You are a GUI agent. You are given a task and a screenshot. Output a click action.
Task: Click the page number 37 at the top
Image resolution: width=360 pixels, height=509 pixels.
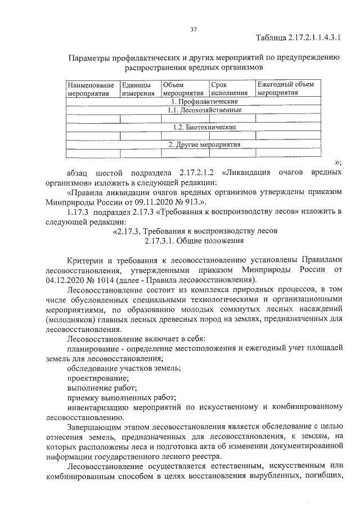tap(193, 29)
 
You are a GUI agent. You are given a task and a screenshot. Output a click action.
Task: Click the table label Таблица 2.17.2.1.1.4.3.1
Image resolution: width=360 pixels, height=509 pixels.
tap(298, 38)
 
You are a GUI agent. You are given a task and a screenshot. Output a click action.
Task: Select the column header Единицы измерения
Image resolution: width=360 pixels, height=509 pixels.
tap(138, 89)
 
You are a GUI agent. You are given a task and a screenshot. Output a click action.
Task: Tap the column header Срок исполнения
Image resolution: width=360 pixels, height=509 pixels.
tap(229, 89)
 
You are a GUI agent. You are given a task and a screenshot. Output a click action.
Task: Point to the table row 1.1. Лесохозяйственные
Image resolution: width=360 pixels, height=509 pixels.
tap(196, 110)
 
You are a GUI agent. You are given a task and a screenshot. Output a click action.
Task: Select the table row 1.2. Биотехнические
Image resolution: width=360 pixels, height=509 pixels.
tap(196, 128)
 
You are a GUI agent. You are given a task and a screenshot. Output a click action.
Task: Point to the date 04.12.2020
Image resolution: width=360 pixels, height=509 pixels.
tap(71, 281)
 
